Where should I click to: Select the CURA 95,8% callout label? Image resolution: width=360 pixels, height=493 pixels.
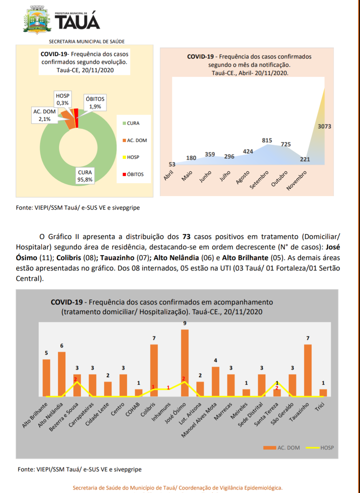[x=85, y=176]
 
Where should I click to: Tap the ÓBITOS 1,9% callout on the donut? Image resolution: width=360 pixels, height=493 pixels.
[x=95, y=103]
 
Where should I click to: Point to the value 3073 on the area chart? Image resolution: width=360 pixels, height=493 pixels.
[x=324, y=127]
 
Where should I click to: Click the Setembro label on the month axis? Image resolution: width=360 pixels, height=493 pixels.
[x=259, y=180]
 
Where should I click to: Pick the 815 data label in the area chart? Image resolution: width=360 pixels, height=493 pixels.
[x=267, y=141]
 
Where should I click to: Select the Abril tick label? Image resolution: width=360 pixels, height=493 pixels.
[x=169, y=175]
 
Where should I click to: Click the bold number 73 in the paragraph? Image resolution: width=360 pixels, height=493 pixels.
[x=186, y=237]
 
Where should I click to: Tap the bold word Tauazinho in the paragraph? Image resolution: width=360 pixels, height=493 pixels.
[x=117, y=258]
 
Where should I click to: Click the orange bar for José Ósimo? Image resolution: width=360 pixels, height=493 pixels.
[x=185, y=363]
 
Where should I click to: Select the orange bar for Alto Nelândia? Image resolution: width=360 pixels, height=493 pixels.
[x=61, y=374]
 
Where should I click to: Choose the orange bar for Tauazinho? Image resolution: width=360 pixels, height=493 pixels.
[x=308, y=370]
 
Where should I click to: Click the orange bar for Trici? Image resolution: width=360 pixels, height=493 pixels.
[x=323, y=393]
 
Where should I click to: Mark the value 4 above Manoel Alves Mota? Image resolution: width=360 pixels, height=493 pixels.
[x=216, y=361]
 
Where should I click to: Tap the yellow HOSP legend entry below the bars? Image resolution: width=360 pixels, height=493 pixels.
[x=320, y=448]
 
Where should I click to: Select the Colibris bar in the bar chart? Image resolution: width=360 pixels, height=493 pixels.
[x=154, y=370]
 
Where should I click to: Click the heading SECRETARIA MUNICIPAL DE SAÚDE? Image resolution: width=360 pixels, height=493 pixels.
[x=87, y=42]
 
